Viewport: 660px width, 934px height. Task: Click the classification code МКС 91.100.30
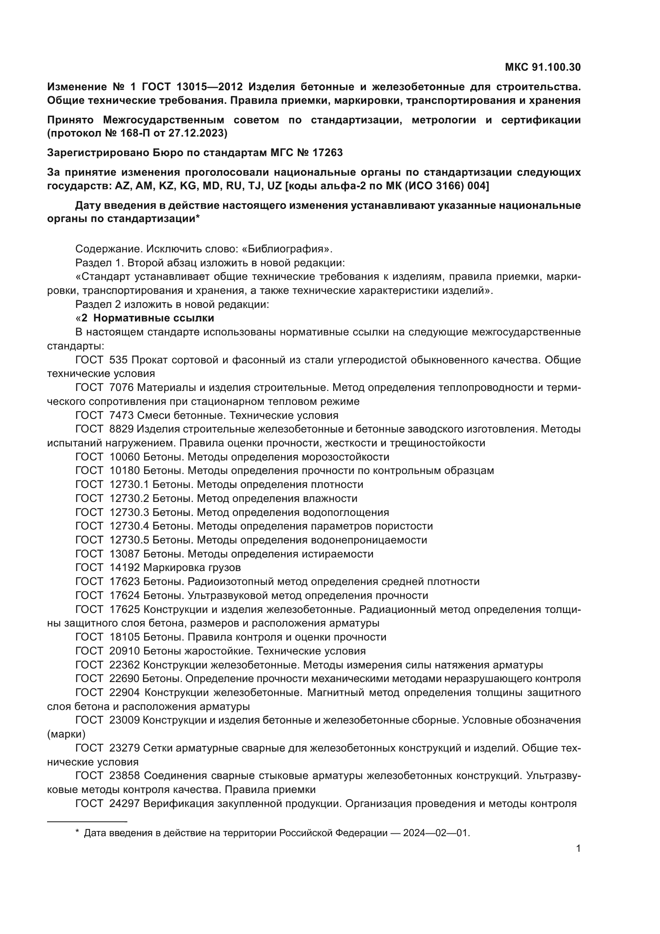pyautogui.click(x=543, y=67)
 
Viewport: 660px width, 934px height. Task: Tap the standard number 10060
pyautogui.click(x=124, y=456)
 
